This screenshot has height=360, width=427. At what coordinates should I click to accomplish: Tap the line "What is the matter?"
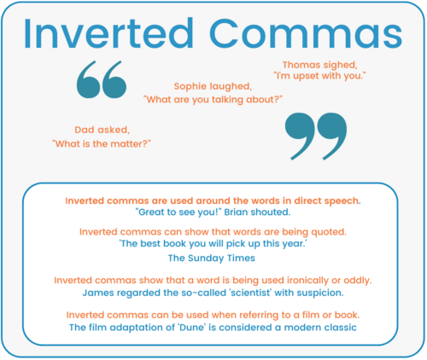[101, 142]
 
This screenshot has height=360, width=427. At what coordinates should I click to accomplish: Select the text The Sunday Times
[213, 257]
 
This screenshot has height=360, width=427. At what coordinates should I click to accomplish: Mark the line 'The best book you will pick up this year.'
[213, 244]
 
